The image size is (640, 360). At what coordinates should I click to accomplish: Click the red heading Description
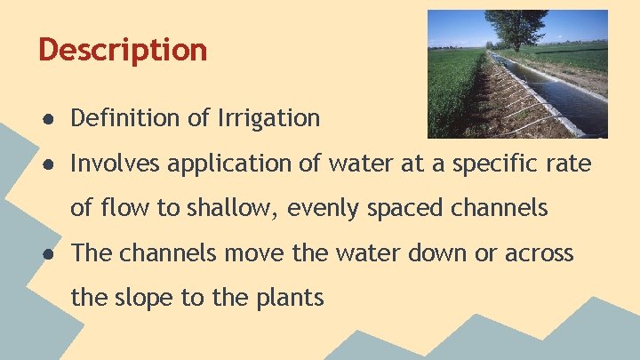(123, 49)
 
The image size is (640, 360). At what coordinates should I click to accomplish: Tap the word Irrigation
(268, 118)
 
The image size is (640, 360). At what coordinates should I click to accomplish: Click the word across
(540, 254)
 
